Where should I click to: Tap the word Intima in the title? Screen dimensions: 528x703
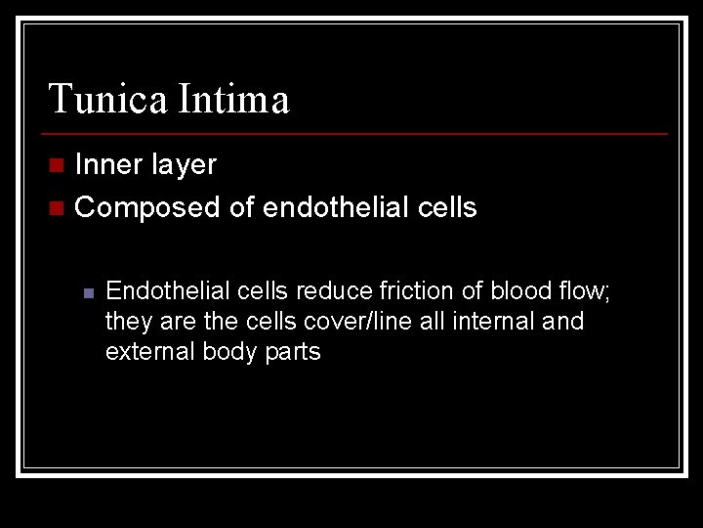click(233, 100)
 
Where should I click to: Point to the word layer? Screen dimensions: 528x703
click(184, 165)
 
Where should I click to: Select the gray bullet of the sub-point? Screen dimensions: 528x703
click(86, 291)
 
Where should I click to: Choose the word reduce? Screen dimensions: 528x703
click(335, 290)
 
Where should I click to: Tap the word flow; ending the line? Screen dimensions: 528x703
click(584, 290)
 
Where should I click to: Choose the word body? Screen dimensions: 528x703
click(230, 352)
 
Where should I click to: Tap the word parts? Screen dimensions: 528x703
click(292, 352)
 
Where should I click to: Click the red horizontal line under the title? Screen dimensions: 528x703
click(356, 133)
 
